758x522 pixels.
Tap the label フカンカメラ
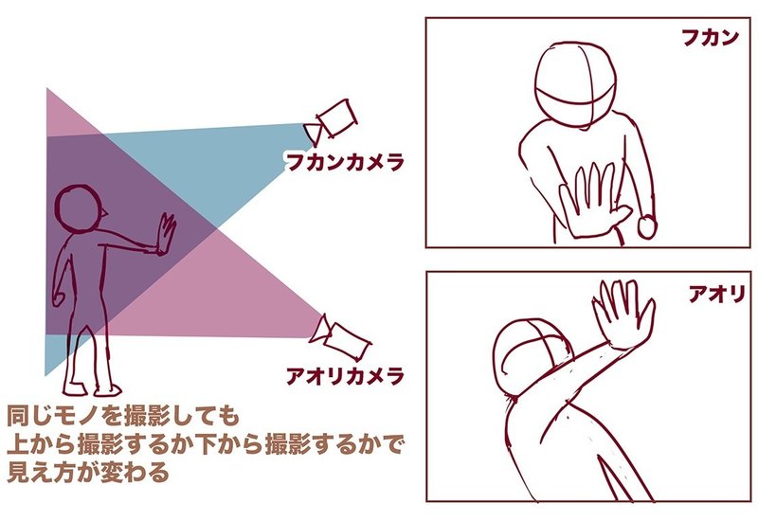(x=345, y=162)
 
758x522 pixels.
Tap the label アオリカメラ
(x=345, y=377)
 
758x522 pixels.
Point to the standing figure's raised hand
(x=167, y=233)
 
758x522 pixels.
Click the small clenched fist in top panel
(x=648, y=227)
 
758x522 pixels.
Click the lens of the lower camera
(x=317, y=331)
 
